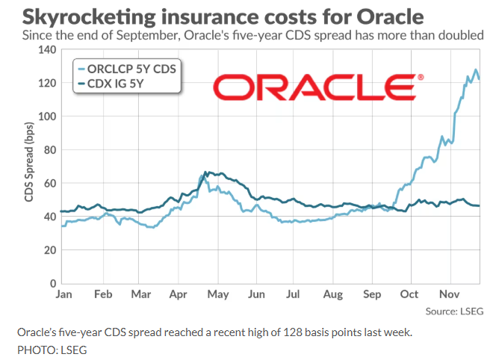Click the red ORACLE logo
(x=317, y=87)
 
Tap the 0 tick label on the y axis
(x=52, y=284)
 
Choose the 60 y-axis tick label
(x=49, y=183)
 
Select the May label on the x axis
(x=218, y=294)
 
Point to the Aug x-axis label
(x=334, y=294)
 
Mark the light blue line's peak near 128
(x=476, y=69)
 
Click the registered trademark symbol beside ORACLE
(x=421, y=77)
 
